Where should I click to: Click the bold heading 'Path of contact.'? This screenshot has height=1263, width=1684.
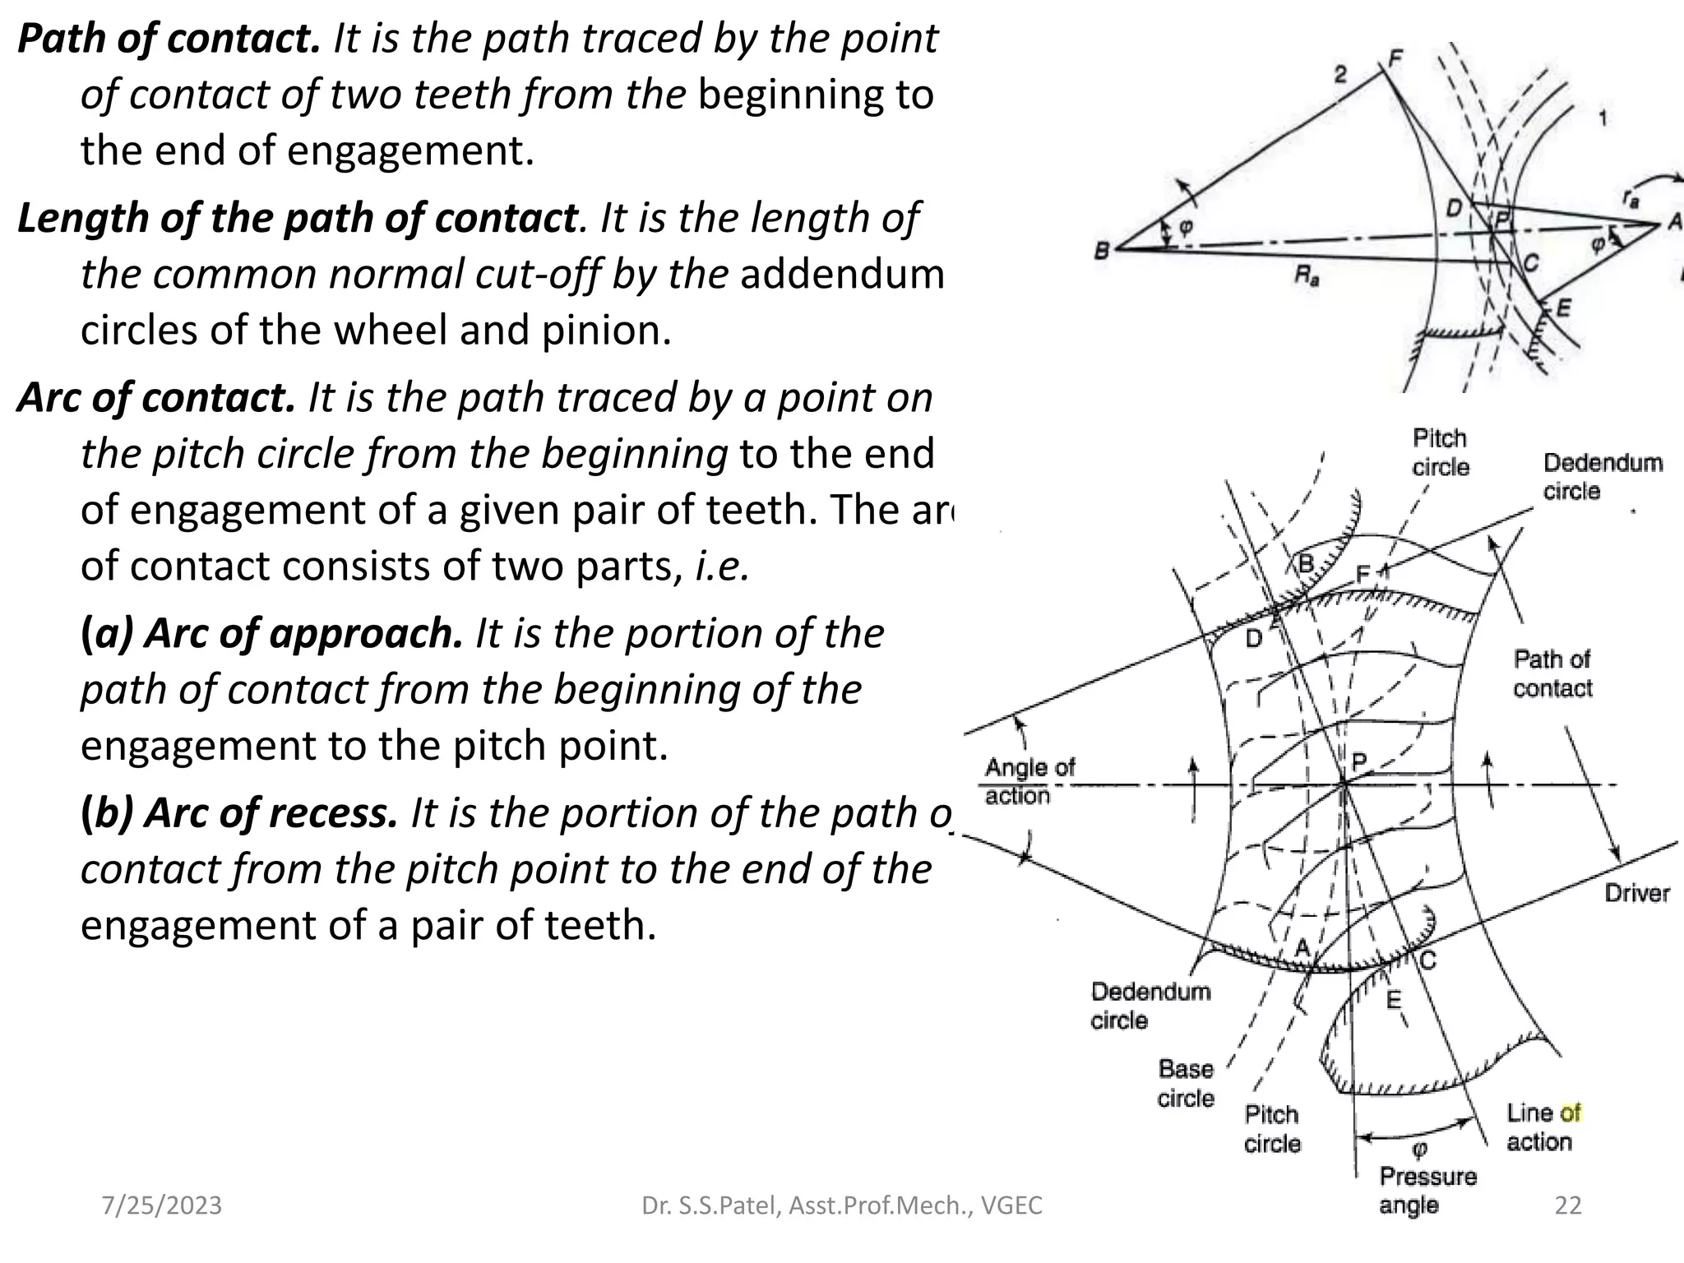[169, 39]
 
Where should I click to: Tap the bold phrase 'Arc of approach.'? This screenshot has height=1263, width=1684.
[271, 634]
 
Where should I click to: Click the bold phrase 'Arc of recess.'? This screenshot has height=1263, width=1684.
[238, 813]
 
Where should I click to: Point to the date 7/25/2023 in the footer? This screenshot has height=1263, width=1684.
[161, 1205]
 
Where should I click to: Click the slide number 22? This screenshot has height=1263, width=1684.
[1568, 1205]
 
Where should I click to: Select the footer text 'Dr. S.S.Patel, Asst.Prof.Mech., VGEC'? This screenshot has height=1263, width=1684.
[841, 1205]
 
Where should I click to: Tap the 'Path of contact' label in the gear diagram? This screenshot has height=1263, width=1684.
[1552, 673]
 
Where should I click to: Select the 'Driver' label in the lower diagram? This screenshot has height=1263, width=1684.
[1636, 893]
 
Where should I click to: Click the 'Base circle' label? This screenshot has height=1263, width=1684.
[1185, 1084]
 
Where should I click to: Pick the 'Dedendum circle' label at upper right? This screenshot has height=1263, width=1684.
[1602, 476]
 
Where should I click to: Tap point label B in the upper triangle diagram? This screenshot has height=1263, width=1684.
[1102, 250]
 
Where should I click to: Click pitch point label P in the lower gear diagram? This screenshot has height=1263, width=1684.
[1358, 761]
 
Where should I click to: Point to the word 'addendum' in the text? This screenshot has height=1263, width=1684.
[841, 274]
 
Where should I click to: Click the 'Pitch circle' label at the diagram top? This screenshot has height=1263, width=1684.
[1440, 452]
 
